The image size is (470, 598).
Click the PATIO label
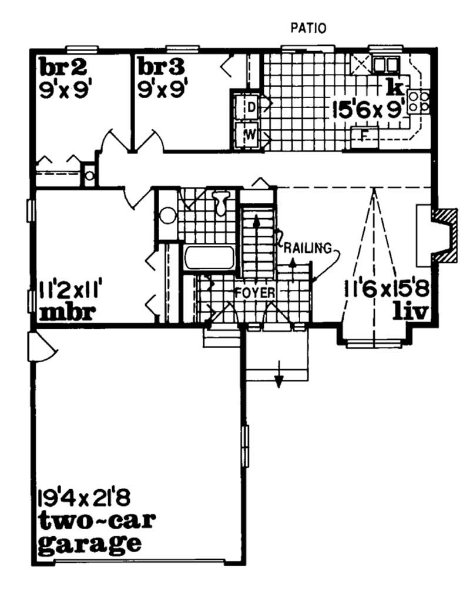pyautogui.click(x=308, y=28)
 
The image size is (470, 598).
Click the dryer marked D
pyautogui.click(x=249, y=108)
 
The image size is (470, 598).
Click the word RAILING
pyautogui.click(x=306, y=248)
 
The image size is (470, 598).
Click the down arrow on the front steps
pyautogui.click(x=279, y=380)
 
